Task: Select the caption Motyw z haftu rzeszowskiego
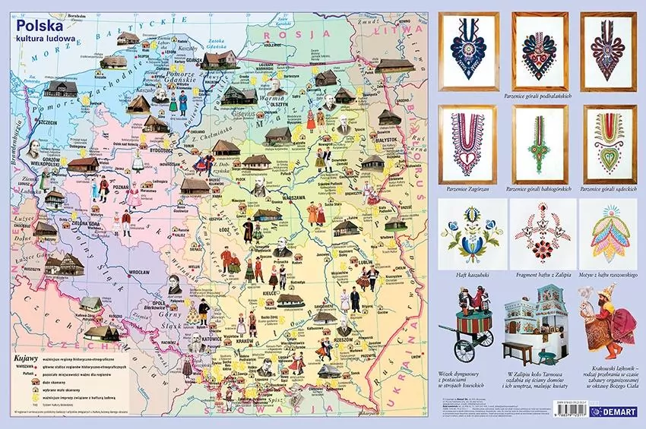pos(608,274)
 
